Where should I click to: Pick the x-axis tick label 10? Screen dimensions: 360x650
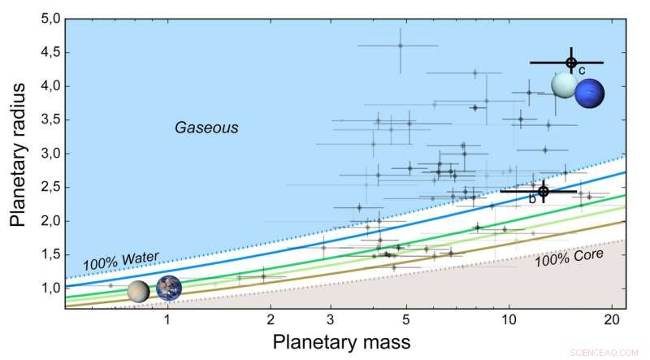pyautogui.click(x=509, y=319)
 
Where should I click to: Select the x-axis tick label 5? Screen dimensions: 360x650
pyautogui.click(x=406, y=319)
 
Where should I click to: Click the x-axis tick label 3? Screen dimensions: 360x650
pyautogui.click(x=330, y=319)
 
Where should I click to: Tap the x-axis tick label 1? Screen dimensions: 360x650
pyautogui.click(x=167, y=319)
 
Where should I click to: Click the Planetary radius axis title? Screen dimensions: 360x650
pyautogui.click(x=18, y=163)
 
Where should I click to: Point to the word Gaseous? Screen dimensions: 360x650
pyautogui.click(x=206, y=128)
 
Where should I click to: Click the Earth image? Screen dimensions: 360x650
pyautogui.click(x=168, y=288)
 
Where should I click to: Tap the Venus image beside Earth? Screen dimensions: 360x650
pyautogui.click(x=139, y=291)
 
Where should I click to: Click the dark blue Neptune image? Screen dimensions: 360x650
pyautogui.click(x=590, y=93)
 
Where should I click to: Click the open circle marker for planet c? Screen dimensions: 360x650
pyautogui.click(x=570, y=63)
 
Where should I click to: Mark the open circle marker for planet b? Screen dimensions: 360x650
pyautogui.click(x=543, y=191)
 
